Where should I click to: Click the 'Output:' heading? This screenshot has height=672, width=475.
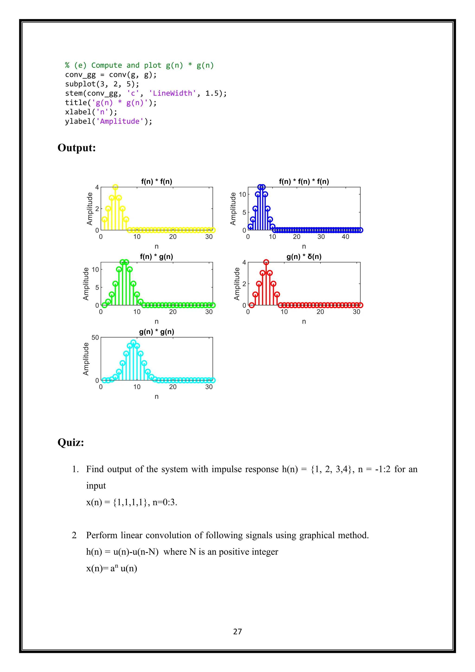point(77,148)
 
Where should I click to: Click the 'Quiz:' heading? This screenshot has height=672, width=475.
point(71,442)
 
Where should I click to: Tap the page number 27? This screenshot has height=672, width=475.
point(237,631)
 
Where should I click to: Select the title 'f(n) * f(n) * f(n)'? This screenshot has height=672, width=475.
point(304,181)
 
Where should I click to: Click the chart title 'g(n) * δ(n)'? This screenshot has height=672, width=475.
point(304,257)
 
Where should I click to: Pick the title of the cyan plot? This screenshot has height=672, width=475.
point(157,332)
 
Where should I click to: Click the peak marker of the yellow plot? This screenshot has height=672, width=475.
point(115,187)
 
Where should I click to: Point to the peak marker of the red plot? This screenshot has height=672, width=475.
point(266,262)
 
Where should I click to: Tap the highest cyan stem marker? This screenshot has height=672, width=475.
point(133,342)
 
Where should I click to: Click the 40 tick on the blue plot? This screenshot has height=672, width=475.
point(345,237)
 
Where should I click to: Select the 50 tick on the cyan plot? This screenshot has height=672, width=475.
point(95,337)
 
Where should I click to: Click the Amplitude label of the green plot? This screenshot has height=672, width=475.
point(86,284)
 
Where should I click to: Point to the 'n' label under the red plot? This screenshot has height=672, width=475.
point(304,321)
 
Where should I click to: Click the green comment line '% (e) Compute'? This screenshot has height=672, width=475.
point(139,65)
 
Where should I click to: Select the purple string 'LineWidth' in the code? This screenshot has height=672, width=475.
point(172,93)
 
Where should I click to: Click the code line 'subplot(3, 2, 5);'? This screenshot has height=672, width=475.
point(102,84)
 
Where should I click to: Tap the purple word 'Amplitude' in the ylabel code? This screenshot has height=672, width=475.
point(120,121)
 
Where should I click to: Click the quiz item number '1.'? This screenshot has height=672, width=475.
point(75,469)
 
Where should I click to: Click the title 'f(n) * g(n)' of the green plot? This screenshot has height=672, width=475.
point(157,257)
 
